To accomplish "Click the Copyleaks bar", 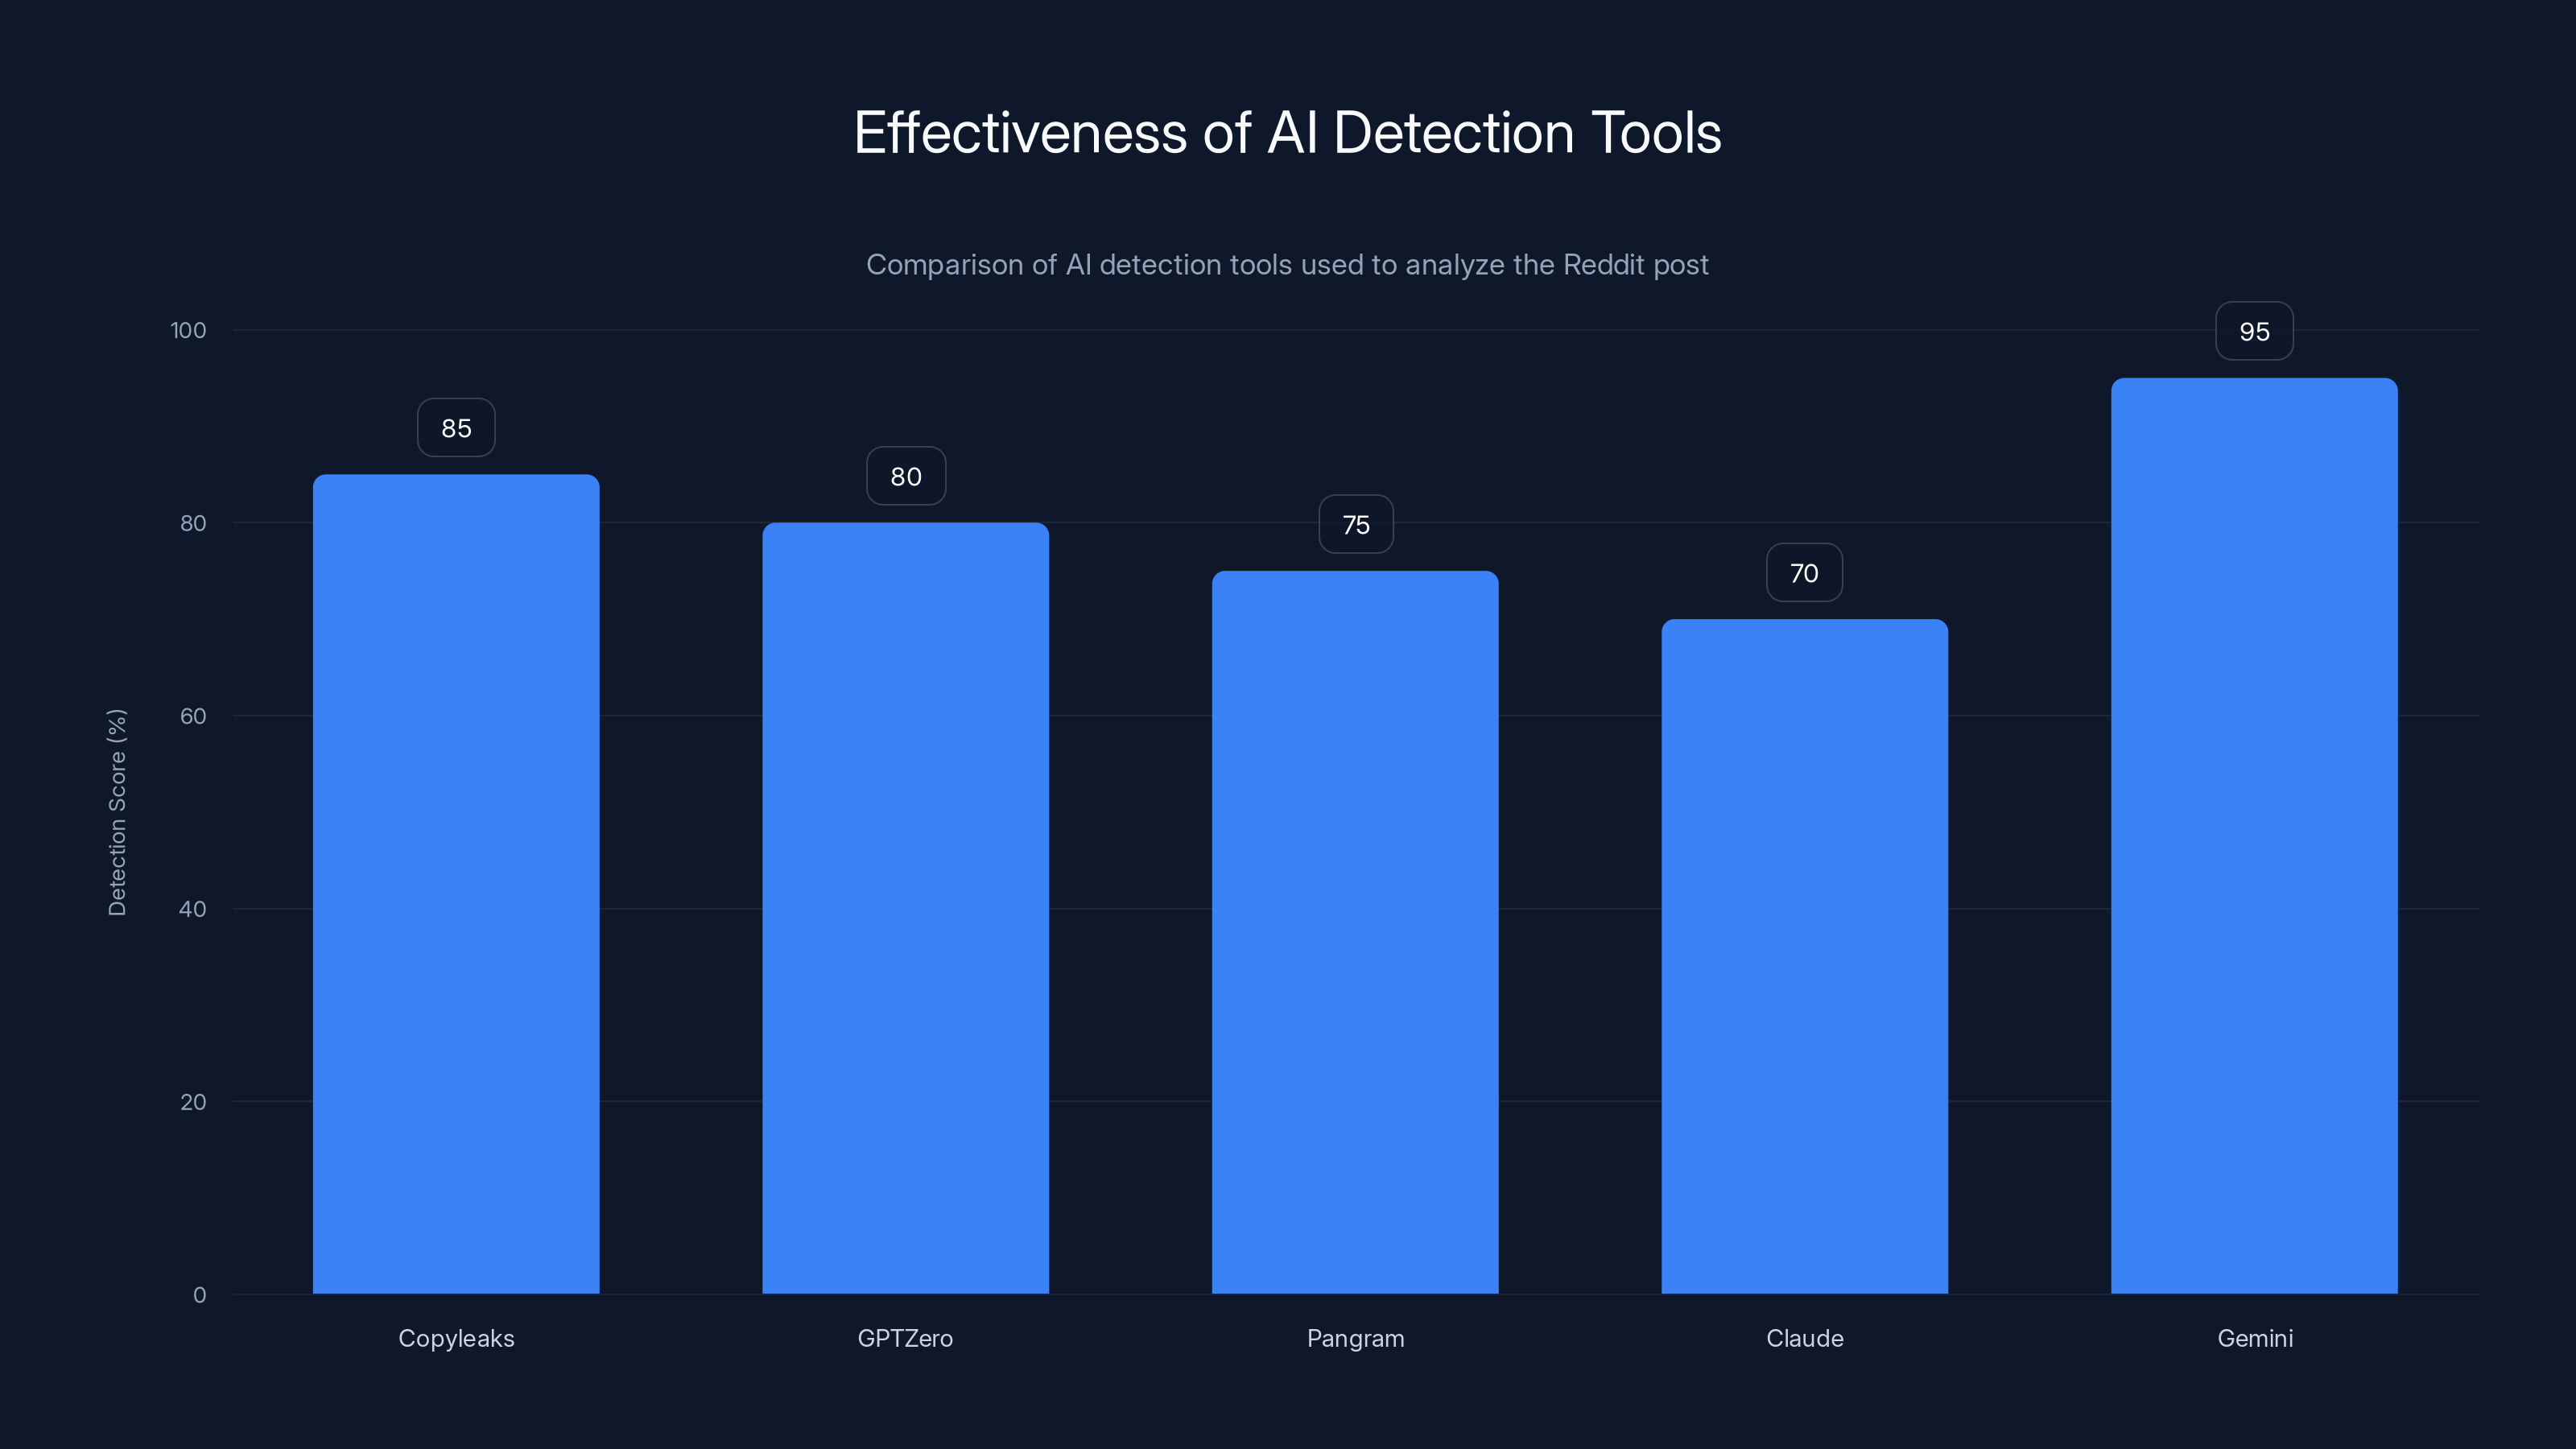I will [x=456, y=884].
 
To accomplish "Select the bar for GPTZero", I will [x=905, y=908].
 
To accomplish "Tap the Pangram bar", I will [x=1355, y=932].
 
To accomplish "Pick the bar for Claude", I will [x=1804, y=956].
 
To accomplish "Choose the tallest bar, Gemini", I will [x=2254, y=836].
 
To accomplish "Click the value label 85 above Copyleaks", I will [x=456, y=428].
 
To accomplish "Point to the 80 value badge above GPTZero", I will [x=906, y=476].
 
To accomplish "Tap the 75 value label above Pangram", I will [x=1356, y=525].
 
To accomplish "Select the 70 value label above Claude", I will [x=1804, y=573].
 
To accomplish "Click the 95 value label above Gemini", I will [x=2254, y=331].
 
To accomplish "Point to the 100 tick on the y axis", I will [x=188, y=330].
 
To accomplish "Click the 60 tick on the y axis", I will [x=193, y=716].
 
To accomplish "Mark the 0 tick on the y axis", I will [x=199, y=1295].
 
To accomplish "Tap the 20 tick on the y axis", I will [x=193, y=1102].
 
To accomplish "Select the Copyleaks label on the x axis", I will [x=456, y=1338].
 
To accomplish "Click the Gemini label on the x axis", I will [x=2255, y=1338].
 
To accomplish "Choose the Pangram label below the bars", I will [x=1355, y=1338].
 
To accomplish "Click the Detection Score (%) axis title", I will [x=117, y=812].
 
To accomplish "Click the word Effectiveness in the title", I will [x=1021, y=133].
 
